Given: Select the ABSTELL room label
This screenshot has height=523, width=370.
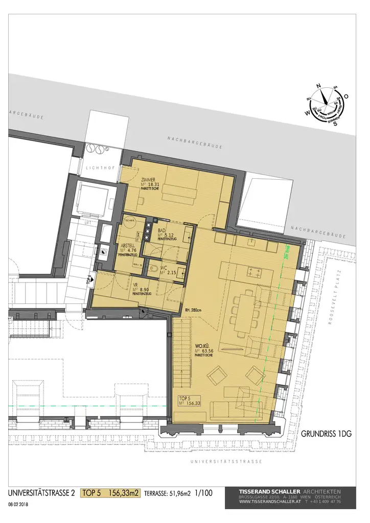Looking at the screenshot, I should pyautogui.click(x=128, y=245).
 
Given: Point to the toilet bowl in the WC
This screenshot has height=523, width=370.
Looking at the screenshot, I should pyautogui.click(x=152, y=269).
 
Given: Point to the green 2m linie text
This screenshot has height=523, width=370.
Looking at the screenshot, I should pyautogui.click(x=287, y=254).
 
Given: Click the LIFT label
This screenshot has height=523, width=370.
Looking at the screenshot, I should pyautogui.click(x=87, y=222).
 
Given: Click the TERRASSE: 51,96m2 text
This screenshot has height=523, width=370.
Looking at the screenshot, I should pyautogui.click(x=168, y=494).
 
